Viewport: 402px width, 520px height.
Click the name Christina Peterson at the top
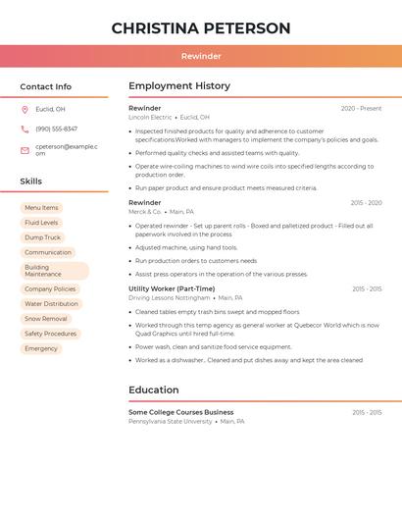tap(201, 28)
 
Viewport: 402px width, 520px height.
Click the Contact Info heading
tap(46, 86)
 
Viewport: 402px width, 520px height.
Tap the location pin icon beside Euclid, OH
tap(25, 109)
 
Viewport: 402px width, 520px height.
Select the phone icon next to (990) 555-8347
tap(25, 130)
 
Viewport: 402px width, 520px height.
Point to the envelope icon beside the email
tap(25, 150)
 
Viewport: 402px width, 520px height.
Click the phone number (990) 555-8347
tap(56, 130)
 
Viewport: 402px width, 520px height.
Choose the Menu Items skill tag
tap(41, 208)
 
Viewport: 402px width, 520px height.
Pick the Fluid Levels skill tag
tap(41, 223)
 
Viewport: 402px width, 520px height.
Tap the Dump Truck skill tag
tap(42, 237)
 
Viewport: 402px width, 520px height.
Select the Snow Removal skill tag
tap(46, 319)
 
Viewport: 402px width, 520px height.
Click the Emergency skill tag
tap(41, 348)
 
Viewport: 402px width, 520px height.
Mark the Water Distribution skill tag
tap(51, 304)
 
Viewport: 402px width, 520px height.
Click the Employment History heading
tap(179, 86)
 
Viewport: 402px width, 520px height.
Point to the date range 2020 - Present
tap(361, 109)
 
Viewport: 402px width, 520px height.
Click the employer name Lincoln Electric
tap(150, 117)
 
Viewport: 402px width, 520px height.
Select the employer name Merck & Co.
tap(144, 211)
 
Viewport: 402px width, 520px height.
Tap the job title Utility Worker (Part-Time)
tap(172, 288)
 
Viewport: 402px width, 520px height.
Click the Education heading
tap(154, 390)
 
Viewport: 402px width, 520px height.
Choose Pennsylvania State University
tap(171, 421)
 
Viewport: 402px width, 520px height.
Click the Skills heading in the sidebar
tap(31, 182)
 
